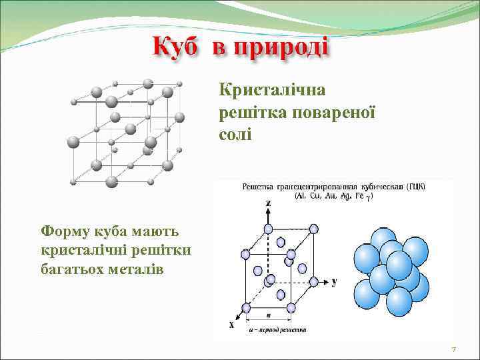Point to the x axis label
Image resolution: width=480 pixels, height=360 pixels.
pyautogui.click(x=231, y=325)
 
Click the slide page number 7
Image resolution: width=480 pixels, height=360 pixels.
pyautogui.click(x=453, y=349)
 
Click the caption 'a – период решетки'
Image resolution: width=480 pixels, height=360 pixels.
pyautogui.click(x=278, y=330)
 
